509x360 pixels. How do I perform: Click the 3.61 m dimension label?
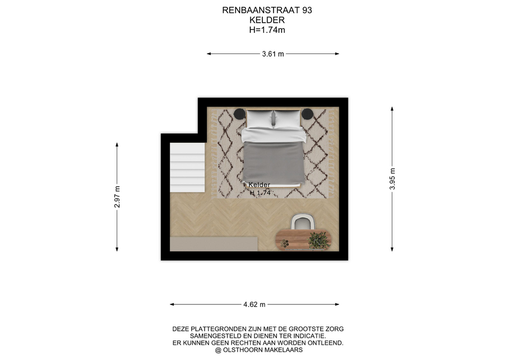273,54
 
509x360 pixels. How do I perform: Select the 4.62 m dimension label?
254,304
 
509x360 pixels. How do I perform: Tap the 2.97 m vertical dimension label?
117,197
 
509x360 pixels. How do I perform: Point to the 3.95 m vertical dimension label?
392,179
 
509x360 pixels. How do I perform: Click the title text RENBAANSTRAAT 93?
267,11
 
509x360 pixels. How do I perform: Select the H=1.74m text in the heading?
267,30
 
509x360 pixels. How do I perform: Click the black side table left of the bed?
240,113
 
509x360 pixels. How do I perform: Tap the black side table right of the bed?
308,113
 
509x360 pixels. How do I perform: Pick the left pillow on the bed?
260,119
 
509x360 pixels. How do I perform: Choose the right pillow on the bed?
287,119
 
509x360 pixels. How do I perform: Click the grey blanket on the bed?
274,162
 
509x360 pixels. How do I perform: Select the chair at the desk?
303,222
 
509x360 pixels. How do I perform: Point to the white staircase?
187,168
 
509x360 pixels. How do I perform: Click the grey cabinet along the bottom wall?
214,244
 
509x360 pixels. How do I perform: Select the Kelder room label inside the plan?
259,185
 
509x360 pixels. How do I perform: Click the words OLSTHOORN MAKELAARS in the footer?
262,350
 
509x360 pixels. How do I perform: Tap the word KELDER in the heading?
267,20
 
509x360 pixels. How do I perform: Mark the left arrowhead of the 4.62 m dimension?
172,304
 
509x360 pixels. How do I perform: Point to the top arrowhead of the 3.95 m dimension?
392,109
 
